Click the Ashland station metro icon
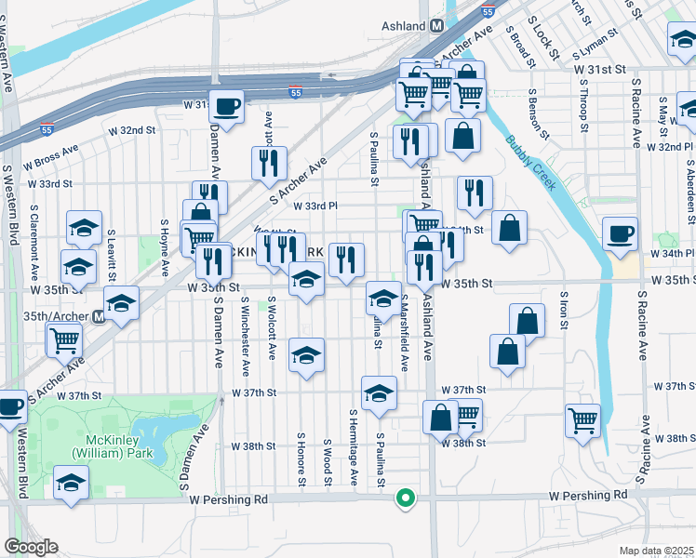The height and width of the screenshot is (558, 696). (436, 28)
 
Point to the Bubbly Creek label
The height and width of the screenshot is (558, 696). (532, 163)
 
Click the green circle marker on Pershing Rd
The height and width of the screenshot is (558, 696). (405, 498)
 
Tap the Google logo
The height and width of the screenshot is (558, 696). (31, 547)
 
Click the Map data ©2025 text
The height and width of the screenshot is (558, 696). (657, 551)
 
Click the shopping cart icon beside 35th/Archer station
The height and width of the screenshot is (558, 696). (64, 339)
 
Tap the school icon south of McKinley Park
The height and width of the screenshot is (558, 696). (70, 484)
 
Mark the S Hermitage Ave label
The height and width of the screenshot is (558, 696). (355, 446)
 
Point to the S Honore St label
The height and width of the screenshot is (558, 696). (301, 458)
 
